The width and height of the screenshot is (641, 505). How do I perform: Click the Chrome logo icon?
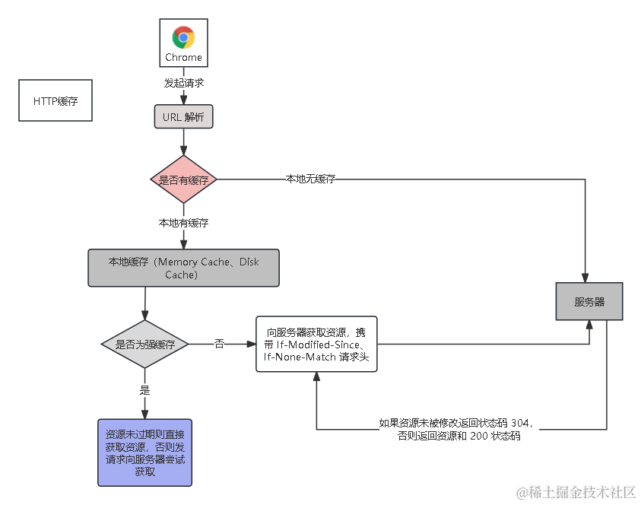point(183,37)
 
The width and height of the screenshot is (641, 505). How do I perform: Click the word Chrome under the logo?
point(183,57)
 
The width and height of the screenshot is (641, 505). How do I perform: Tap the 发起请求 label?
point(183,82)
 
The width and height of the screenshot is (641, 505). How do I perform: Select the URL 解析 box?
point(183,117)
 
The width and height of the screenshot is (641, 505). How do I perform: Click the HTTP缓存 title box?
point(56,100)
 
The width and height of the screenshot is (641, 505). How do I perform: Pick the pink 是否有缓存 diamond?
point(183,179)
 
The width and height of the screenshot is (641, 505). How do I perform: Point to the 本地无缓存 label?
point(310,179)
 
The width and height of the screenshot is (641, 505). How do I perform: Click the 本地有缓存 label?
point(183,224)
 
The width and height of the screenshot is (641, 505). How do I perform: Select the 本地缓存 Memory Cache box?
point(183,268)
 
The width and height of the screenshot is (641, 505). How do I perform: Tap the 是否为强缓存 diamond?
point(144,345)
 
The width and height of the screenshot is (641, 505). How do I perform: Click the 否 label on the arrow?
point(219,345)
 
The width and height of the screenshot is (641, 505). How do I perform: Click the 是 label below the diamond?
point(144,390)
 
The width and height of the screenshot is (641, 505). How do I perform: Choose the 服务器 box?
point(589,301)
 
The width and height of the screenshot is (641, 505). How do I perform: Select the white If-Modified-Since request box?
point(316,345)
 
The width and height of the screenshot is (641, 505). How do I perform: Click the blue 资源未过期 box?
point(144,453)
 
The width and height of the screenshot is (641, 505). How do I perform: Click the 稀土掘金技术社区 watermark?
point(574,491)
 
